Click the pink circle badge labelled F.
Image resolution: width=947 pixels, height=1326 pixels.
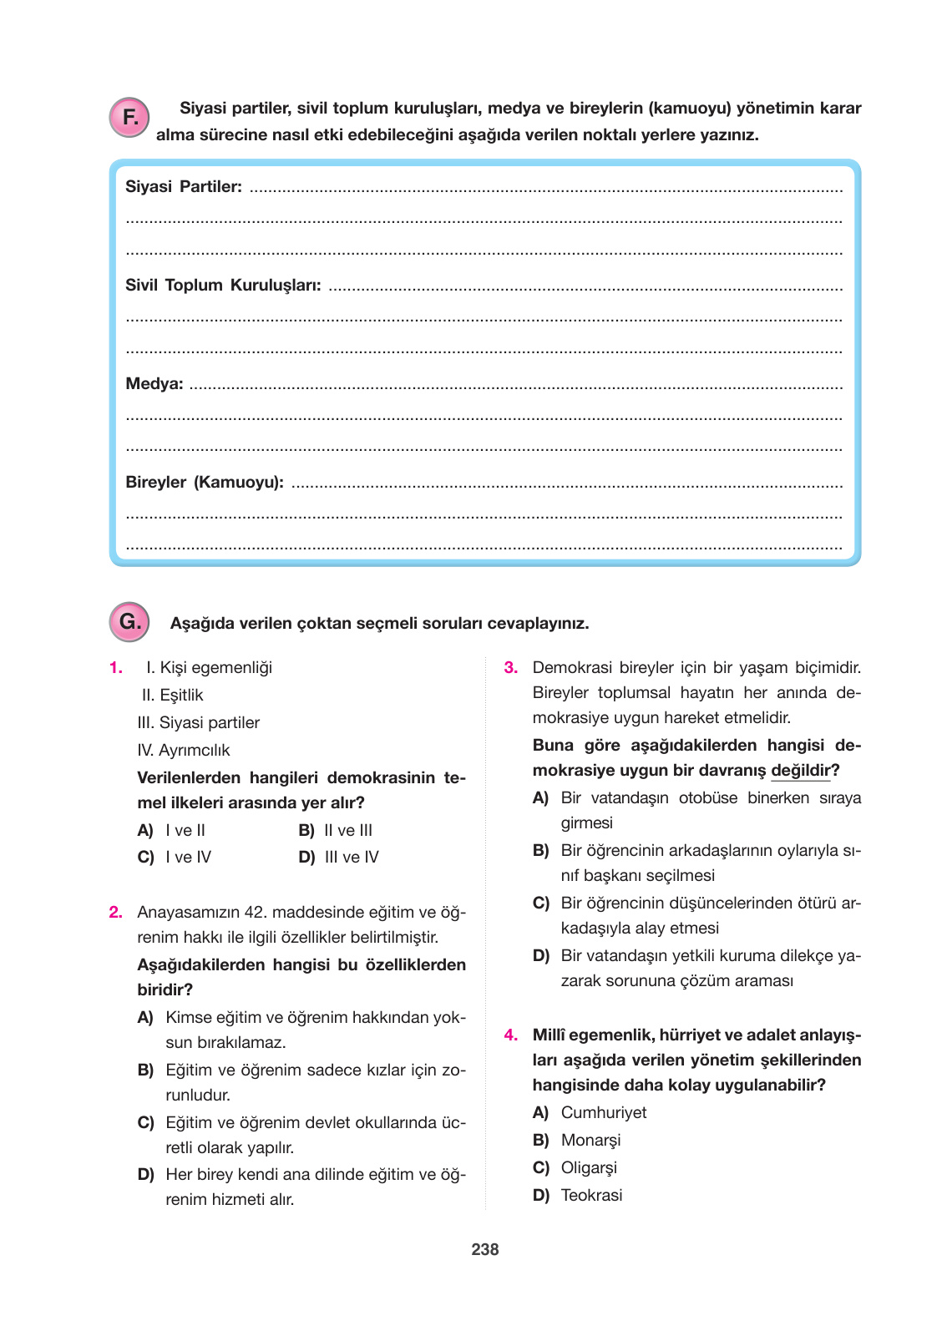[129, 118]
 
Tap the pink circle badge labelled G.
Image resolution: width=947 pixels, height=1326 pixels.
[129, 622]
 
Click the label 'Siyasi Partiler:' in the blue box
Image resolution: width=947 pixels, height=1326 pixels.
[184, 187]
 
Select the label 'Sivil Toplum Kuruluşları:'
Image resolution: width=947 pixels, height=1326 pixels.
[223, 286]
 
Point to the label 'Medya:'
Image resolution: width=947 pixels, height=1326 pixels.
[154, 384]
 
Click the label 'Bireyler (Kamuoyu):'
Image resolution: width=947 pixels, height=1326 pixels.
[205, 483]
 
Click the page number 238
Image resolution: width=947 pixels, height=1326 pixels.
[484, 1249]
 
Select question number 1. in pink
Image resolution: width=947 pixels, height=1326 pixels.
[116, 668]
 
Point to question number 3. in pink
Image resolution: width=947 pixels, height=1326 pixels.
[511, 668]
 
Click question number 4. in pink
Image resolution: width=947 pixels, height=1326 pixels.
[511, 1035]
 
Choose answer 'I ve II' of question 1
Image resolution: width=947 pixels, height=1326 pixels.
[185, 831]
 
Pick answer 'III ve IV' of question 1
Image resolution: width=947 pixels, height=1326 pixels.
[351, 858]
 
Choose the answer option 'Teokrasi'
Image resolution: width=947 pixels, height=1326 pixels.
[591, 1196]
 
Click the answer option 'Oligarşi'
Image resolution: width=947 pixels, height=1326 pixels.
[589, 1168]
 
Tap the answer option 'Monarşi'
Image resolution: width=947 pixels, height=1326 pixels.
[590, 1141]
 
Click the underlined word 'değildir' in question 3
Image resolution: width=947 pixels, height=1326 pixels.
[800, 771]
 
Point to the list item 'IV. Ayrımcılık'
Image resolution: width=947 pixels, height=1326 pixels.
[184, 751]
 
